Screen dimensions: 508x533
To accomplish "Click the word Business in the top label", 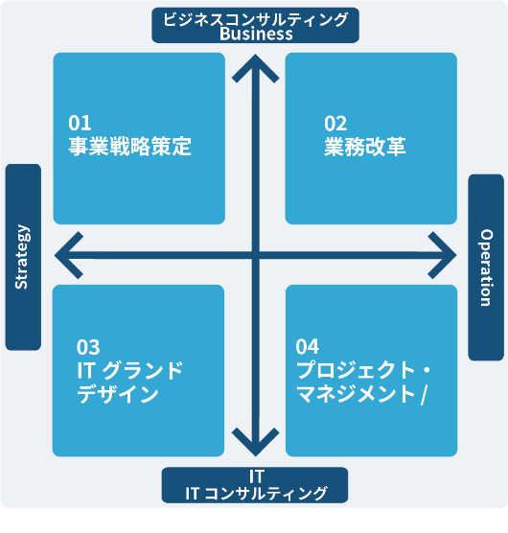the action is pyautogui.click(x=256, y=34).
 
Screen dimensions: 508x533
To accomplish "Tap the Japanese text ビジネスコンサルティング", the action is pyautogui.click(x=256, y=19).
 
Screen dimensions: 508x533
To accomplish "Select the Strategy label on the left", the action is pyautogui.click(x=22, y=257).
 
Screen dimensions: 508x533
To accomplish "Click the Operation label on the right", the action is pyautogui.click(x=486, y=267).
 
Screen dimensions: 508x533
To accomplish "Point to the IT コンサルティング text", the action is pyautogui.click(x=256, y=494).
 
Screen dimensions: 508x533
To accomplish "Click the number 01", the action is pyautogui.click(x=80, y=123).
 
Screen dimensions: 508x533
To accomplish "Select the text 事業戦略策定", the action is pyautogui.click(x=129, y=147).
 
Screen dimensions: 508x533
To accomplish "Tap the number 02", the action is pyautogui.click(x=335, y=124).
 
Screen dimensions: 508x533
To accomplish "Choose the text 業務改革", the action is pyautogui.click(x=365, y=147).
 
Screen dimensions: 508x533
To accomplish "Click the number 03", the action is pyautogui.click(x=88, y=347).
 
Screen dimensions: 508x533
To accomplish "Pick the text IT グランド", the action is pyautogui.click(x=129, y=371).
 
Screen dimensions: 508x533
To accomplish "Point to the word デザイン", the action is pyautogui.click(x=118, y=394).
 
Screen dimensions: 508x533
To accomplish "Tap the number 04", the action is pyautogui.click(x=307, y=347).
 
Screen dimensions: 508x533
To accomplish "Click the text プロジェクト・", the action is pyautogui.click(x=363, y=370).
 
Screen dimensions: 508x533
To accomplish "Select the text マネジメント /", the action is pyautogui.click(x=361, y=394).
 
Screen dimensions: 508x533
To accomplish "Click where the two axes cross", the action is pyautogui.click(x=256, y=255).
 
